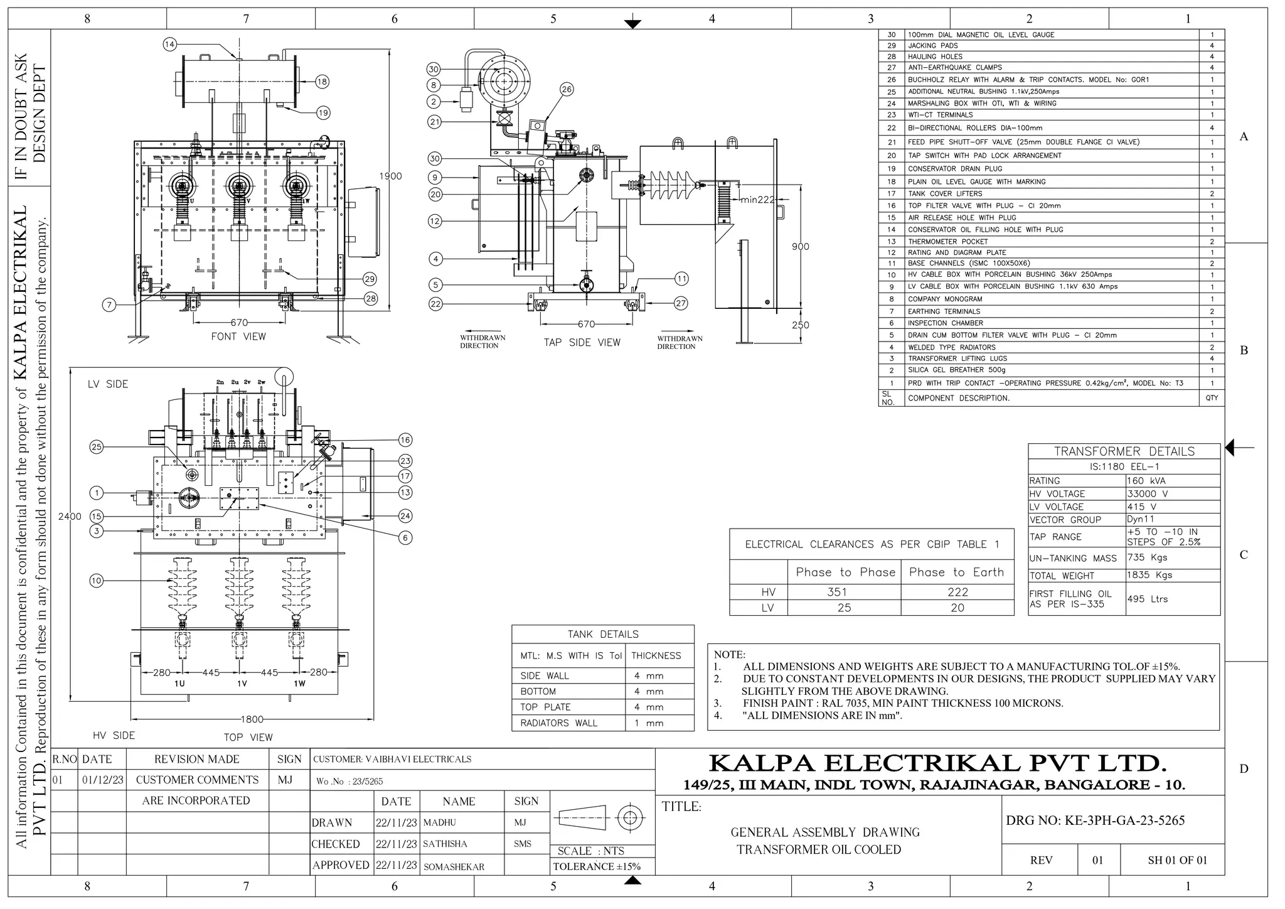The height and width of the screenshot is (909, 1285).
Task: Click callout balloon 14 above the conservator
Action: tap(169, 44)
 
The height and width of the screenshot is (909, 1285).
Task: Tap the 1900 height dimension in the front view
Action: tap(390, 176)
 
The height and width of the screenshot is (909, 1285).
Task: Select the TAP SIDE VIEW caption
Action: tap(582, 343)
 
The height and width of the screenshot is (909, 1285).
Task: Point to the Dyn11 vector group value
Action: tap(1140, 519)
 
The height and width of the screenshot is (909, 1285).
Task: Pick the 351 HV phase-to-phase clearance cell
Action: tap(837, 592)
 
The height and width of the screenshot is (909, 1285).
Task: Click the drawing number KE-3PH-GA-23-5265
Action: tap(1095, 820)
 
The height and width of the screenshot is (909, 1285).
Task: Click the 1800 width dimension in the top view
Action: tap(252, 719)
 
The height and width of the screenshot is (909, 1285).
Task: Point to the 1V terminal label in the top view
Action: tap(242, 684)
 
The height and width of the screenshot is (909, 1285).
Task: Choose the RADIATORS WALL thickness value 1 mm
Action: tap(649, 723)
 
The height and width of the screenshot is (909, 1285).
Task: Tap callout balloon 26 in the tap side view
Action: tap(567, 89)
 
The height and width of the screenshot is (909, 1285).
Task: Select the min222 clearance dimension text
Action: tap(757, 200)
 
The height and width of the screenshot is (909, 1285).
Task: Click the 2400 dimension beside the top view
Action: tap(70, 517)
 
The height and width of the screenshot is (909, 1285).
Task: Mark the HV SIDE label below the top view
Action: tap(114, 735)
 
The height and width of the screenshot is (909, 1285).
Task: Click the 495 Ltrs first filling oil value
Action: tap(1147, 599)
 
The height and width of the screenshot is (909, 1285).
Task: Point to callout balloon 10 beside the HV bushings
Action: tap(96, 581)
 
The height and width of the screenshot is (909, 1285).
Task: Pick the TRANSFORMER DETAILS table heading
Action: tap(1124, 451)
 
